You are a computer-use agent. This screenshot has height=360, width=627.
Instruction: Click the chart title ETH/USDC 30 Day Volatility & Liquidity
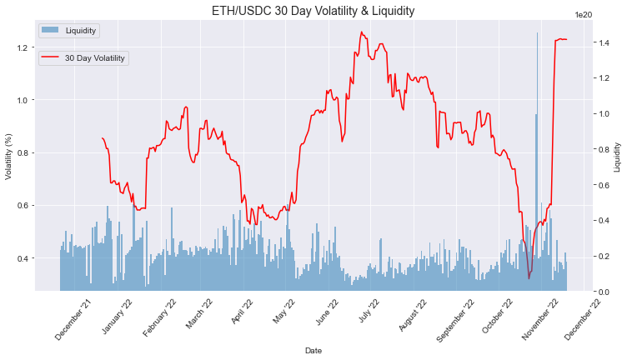point(313,11)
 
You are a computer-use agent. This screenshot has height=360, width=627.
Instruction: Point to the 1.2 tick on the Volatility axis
point(23,47)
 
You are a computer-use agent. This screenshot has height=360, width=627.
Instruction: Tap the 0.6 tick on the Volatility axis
point(23,205)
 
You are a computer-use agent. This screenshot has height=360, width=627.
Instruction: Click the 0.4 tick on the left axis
point(23,257)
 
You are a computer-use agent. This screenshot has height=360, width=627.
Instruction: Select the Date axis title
point(313,351)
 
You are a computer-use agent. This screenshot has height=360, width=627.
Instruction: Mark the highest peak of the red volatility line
point(361,32)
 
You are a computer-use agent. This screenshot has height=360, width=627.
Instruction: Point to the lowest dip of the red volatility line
point(529,277)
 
